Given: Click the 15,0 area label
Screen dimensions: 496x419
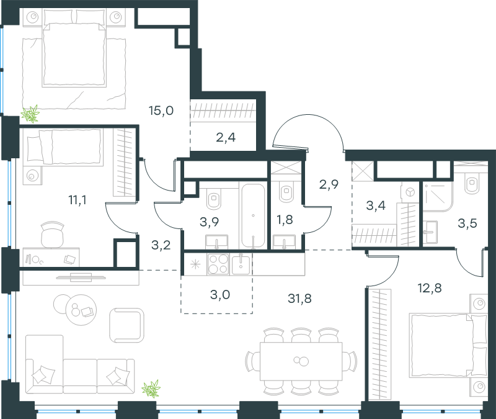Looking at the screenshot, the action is point(161,110).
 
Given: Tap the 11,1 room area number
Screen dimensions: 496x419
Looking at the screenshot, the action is point(77,200).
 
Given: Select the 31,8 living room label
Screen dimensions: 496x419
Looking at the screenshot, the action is point(299,298).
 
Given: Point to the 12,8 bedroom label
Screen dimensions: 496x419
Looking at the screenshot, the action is point(430,288).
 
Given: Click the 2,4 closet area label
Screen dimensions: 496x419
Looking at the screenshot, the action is point(226,137).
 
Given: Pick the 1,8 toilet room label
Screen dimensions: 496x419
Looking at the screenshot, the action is point(285,219).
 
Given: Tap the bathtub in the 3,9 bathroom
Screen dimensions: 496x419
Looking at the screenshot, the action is point(253,215).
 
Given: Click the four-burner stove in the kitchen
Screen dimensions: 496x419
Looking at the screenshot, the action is point(218,264).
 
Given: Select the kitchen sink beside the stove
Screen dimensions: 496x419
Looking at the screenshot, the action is point(241,264).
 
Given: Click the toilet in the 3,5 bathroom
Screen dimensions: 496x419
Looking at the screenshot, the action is point(472,183).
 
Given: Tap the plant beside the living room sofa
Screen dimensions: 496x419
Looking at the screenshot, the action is point(151,389).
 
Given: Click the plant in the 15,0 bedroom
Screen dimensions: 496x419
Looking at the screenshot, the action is point(30,114).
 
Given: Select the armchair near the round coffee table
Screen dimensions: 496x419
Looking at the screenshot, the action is point(126,325).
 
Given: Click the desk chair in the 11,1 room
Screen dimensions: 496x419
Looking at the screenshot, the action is point(53,235).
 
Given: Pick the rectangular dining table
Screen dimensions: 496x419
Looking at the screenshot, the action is point(301,361).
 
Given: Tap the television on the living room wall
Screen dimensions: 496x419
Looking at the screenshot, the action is point(81,277).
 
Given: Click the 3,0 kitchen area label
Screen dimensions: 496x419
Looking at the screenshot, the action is point(220,294).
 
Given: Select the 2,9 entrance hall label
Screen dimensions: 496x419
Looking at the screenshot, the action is point(329,184).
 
